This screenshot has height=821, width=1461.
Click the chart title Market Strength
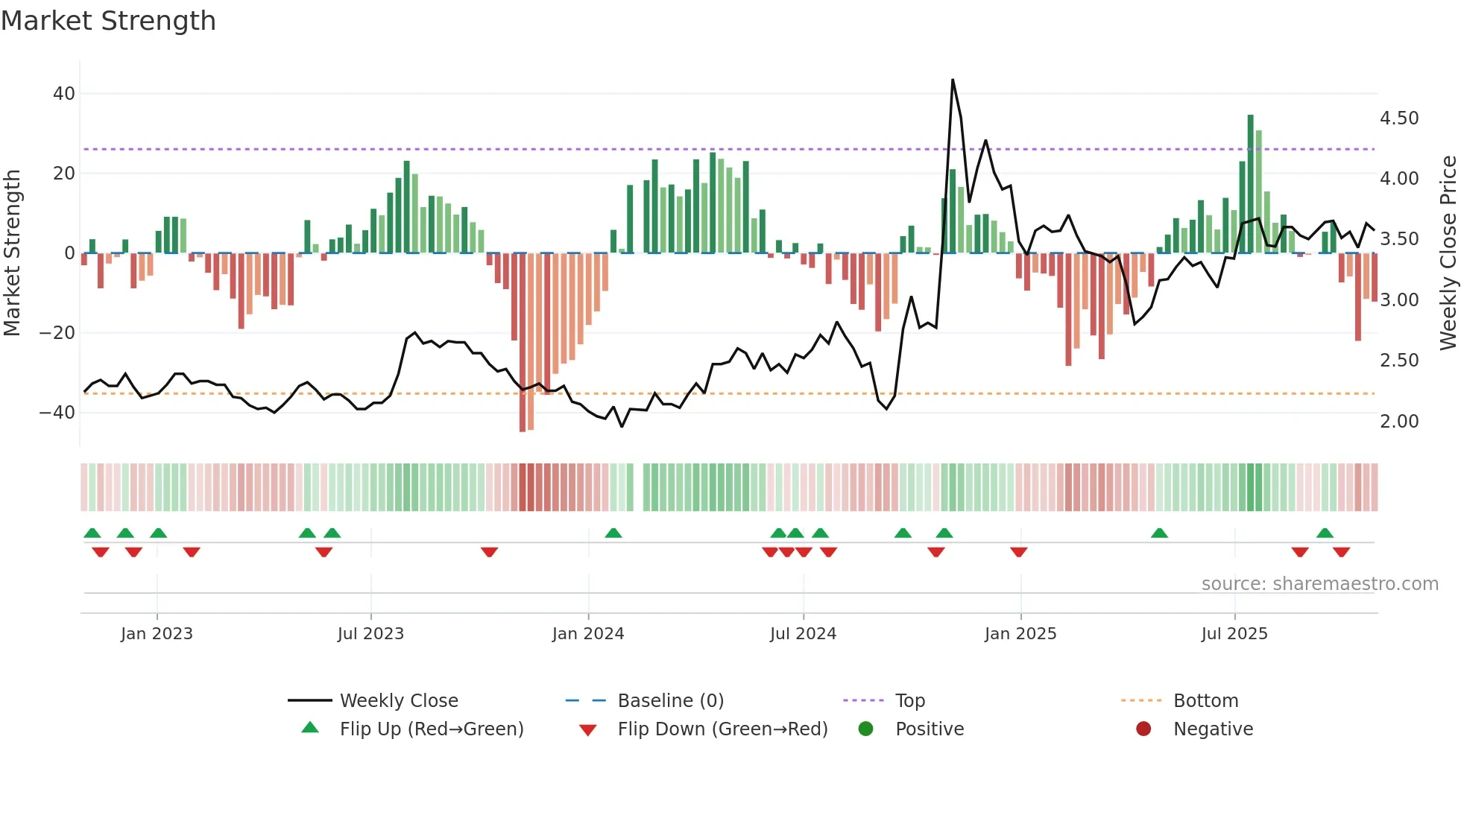point(108,21)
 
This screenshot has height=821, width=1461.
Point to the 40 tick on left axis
point(64,94)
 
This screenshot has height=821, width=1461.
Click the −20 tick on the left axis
point(57,333)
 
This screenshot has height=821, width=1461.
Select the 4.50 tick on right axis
point(1399,118)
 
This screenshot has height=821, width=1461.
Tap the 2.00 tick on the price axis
point(1399,422)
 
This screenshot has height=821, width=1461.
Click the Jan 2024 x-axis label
point(588,634)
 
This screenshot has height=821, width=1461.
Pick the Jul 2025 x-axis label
point(1234,634)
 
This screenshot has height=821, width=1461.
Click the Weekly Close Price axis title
point(1448,253)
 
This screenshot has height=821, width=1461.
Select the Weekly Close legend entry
point(399,701)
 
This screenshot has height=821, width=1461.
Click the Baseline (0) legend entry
point(670,701)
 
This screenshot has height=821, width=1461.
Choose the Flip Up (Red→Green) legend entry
point(431,729)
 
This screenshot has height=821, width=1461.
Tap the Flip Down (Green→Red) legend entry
point(722,729)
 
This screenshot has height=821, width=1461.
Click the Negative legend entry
point(1213,729)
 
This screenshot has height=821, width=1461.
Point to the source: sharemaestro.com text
point(1319,584)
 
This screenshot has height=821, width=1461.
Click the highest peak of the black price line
point(953,80)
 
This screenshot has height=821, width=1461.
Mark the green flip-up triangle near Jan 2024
point(613,533)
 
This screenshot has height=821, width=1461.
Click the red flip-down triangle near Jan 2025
point(1019,552)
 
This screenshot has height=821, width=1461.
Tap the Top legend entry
point(909,701)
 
